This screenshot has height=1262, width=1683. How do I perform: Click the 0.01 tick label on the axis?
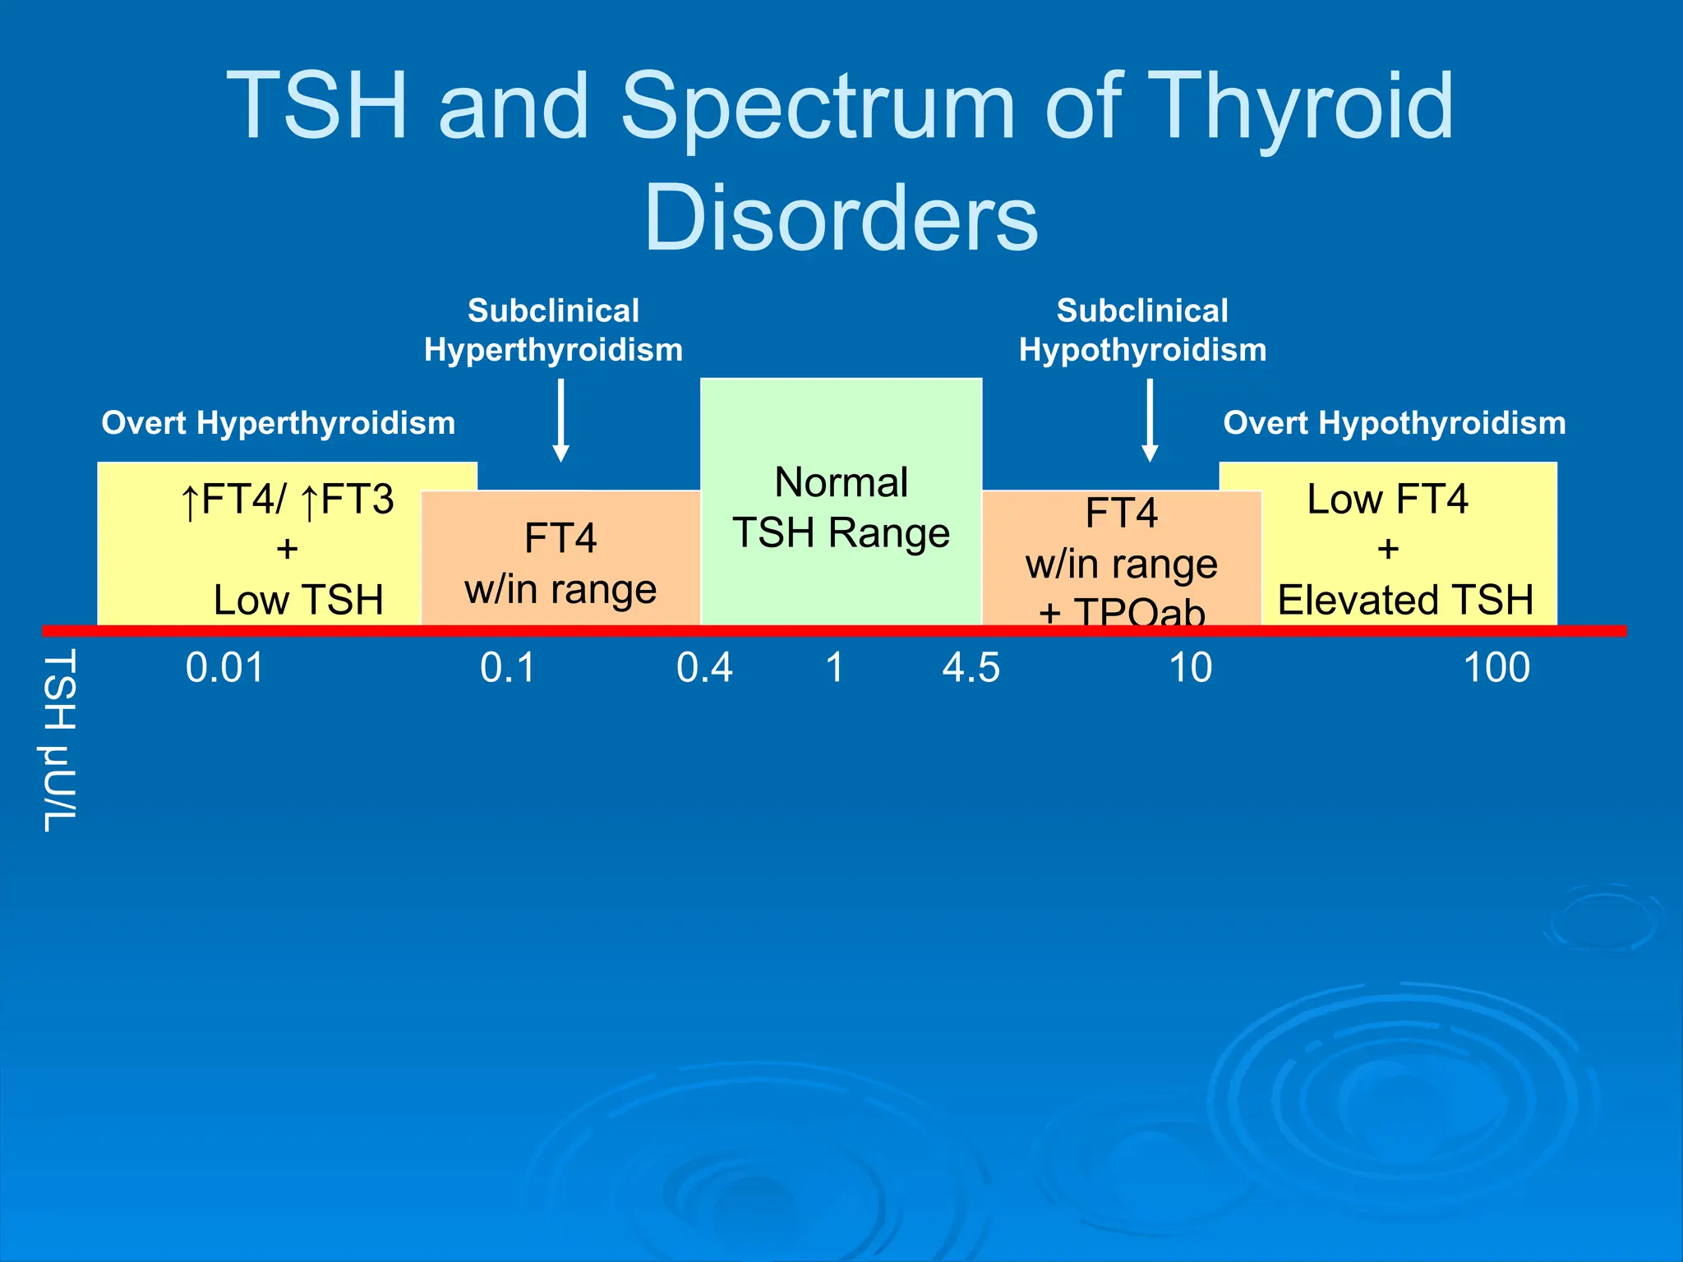click(225, 667)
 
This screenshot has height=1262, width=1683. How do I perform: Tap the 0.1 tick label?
click(507, 667)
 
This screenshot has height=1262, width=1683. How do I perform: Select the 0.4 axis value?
click(704, 667)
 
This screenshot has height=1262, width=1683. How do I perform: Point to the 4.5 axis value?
click(971, 667)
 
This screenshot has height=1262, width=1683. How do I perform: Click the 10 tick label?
click(1190, 667)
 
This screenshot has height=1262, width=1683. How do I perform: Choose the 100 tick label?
click(1496, 667)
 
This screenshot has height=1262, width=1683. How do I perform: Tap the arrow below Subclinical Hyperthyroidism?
click(561, 420)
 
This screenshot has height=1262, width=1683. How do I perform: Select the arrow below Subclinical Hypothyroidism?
click(1150, 420)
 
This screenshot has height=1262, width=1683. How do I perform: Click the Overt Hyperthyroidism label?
click(278, 423)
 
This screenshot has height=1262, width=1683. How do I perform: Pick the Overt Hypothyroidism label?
click(1394, 423)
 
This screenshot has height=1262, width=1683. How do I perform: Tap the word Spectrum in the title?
click(818, 107)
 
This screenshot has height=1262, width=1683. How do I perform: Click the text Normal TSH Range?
click(841, 507)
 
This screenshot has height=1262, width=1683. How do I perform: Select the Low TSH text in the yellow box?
click(298, 600)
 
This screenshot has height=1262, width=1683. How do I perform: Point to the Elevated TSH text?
click(1405, 600)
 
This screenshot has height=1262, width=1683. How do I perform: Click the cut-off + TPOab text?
click(1122, 611)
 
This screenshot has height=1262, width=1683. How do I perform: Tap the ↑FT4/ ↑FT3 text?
click(287, 500)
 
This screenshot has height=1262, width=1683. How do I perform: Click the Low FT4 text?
click(1387, 499)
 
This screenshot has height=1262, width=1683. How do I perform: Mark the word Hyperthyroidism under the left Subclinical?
click(553, 350)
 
